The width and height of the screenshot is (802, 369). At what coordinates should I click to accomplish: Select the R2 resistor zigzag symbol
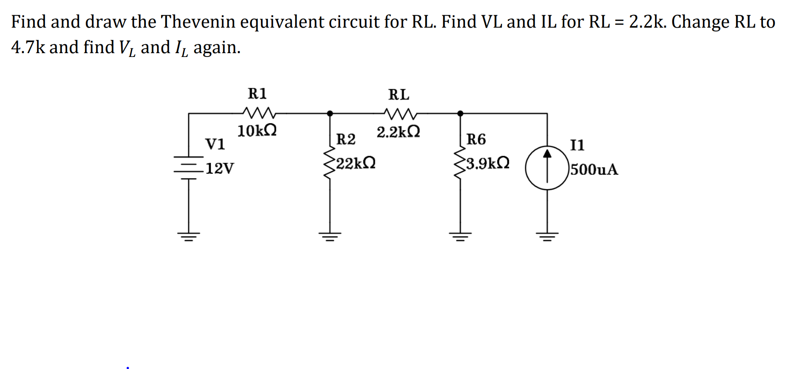click(329, 163)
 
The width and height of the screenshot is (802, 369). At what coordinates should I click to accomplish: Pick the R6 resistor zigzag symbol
click(459, 164)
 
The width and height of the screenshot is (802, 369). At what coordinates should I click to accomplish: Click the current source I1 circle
click(547, 167)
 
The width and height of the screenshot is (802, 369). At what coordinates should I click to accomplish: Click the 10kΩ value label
click(257, 131)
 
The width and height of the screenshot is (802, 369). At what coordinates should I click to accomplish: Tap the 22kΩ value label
click(356, 163)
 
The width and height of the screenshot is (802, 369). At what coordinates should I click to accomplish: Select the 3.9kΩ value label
click(487, 163)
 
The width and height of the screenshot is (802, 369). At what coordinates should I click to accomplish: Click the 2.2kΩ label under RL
click(398, 132)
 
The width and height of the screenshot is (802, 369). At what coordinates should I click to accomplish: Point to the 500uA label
click(594, 169)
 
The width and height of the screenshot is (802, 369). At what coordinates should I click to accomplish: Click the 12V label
click(219, 168)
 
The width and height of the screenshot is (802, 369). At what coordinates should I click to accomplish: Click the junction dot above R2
click(330, 114)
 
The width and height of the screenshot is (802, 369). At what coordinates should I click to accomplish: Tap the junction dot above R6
click(460, 114)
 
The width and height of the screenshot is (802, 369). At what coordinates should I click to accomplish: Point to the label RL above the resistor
click(399, 94)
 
